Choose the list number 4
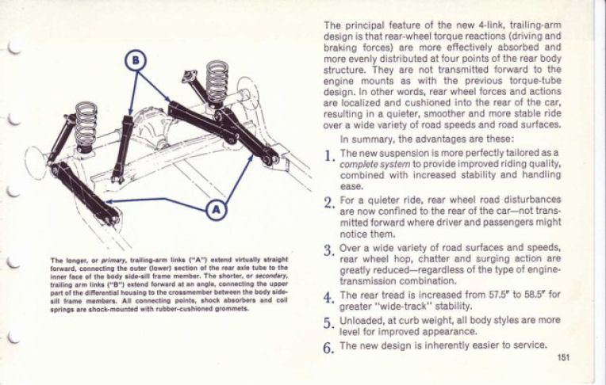click(x=328, y=299)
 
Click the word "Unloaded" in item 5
click(x=363, y=321)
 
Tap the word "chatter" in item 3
click(x=421, y=257)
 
